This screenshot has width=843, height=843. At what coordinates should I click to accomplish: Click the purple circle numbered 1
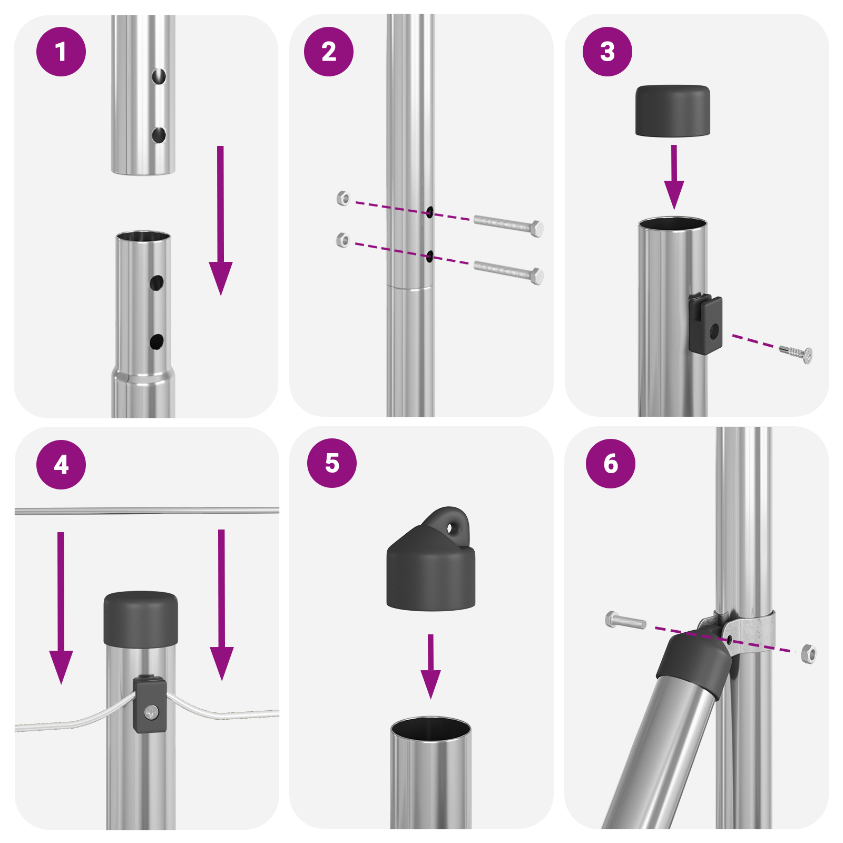pyautogui.click(x=61, y=52)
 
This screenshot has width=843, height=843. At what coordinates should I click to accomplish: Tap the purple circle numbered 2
pyautogui.click(x=329, y=52)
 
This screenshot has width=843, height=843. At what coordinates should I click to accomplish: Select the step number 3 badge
pyautogui.click(x=607, y=52)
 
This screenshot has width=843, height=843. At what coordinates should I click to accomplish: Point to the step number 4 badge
pyautogui.click(x=61, y=465)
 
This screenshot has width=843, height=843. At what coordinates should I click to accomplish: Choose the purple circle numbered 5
pyautogui.click(x=332, y=463)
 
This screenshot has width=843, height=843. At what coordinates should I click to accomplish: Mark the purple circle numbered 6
pyautogui.click(x=610, y=464)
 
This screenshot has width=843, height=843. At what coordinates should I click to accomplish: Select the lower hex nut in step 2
pyautogui.click(x=342, y=240)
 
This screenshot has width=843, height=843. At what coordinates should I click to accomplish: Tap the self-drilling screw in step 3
pyautogui.click(x=796, y=352)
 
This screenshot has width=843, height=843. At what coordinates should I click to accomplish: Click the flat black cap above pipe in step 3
pyautogui.click(x=672, y=111)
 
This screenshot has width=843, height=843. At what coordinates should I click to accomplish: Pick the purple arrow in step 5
pyautogui.click(x=430, y=666)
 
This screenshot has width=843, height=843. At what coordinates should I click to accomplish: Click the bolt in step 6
pyautogui.click(x=625, y=620)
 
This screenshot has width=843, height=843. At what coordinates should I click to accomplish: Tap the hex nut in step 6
pyautogui.click(x=809, y=654)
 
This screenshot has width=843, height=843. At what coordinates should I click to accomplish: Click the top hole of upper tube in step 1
pyautogui.click(x=159, y=76)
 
